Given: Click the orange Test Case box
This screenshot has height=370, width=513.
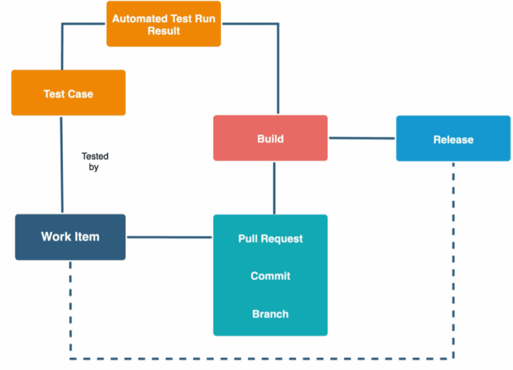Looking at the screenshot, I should pyautogui.click(x=68, y=93).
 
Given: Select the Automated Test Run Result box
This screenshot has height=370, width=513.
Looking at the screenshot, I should pyautogui.click(x=164, y=24).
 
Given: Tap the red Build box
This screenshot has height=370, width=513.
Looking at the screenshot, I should pyautogui.click(x=270, y=138).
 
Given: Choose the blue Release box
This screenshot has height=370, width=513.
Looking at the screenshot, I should pyautogui.click(x=453, y=139).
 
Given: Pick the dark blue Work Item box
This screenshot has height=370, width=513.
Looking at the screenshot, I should pyautogui.click(x=70, y=237).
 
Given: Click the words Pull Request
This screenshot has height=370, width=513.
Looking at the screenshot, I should pyautogui.click(x=270, y=239).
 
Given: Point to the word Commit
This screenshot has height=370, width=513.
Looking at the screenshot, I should pyautogui.click(x=270, y=276).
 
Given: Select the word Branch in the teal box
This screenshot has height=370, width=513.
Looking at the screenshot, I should pyautogui.click(x=270, y=313).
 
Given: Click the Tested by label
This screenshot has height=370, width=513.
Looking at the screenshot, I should pyautogui.click(x=95, y=161).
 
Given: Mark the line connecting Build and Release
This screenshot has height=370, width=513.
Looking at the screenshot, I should pyautogui.click(x=361, y=139).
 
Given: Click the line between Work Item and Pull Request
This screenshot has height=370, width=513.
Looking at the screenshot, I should pyautogui.click(x=169, y=237).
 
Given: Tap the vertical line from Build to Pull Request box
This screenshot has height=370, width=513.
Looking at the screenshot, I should pyautogui.click(x=274, y=187).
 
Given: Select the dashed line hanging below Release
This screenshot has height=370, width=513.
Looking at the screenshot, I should pyautogui.click(x=454, y=253).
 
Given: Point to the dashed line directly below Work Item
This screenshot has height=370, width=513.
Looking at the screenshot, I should pyautogui.click(x=70, y=307).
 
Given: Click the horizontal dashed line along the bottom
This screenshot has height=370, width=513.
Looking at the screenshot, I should pyautogui.click(x=261, y=359).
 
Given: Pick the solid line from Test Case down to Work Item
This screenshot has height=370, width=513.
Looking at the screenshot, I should pyautogui.click(x=61, y=164).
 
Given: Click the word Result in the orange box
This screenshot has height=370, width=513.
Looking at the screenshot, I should pyautogui.click(x=164, y=31).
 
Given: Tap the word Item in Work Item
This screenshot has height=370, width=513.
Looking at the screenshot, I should pyautogui.click(x=87, y=237).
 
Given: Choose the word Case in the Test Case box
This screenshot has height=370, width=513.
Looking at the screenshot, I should pyautogui.click(x=80, y=93).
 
